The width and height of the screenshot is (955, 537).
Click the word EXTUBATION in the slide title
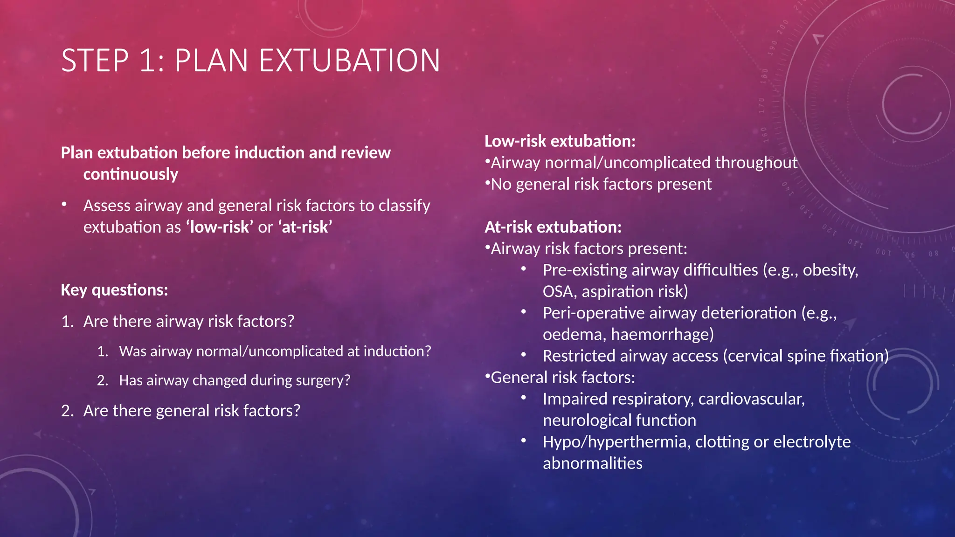(x=349, y=61)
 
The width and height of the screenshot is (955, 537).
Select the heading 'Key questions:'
(x=114, y=290)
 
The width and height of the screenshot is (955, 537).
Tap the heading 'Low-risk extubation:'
(x=560, y=141)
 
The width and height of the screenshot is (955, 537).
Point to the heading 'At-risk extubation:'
(x=553, y=227)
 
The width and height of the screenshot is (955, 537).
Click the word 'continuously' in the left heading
(x=131, y=174)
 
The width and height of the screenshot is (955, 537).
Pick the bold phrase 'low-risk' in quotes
(x=220, y=227)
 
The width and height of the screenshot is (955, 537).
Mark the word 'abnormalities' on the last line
(x=592, y=463)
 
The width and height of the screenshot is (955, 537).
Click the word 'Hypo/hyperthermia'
(x=615, y=442)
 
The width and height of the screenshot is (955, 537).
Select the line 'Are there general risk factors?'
(x=192, y=411)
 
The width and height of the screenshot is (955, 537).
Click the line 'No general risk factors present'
(x=601, y=184)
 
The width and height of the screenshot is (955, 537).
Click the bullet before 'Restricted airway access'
(x=524, y=355)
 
